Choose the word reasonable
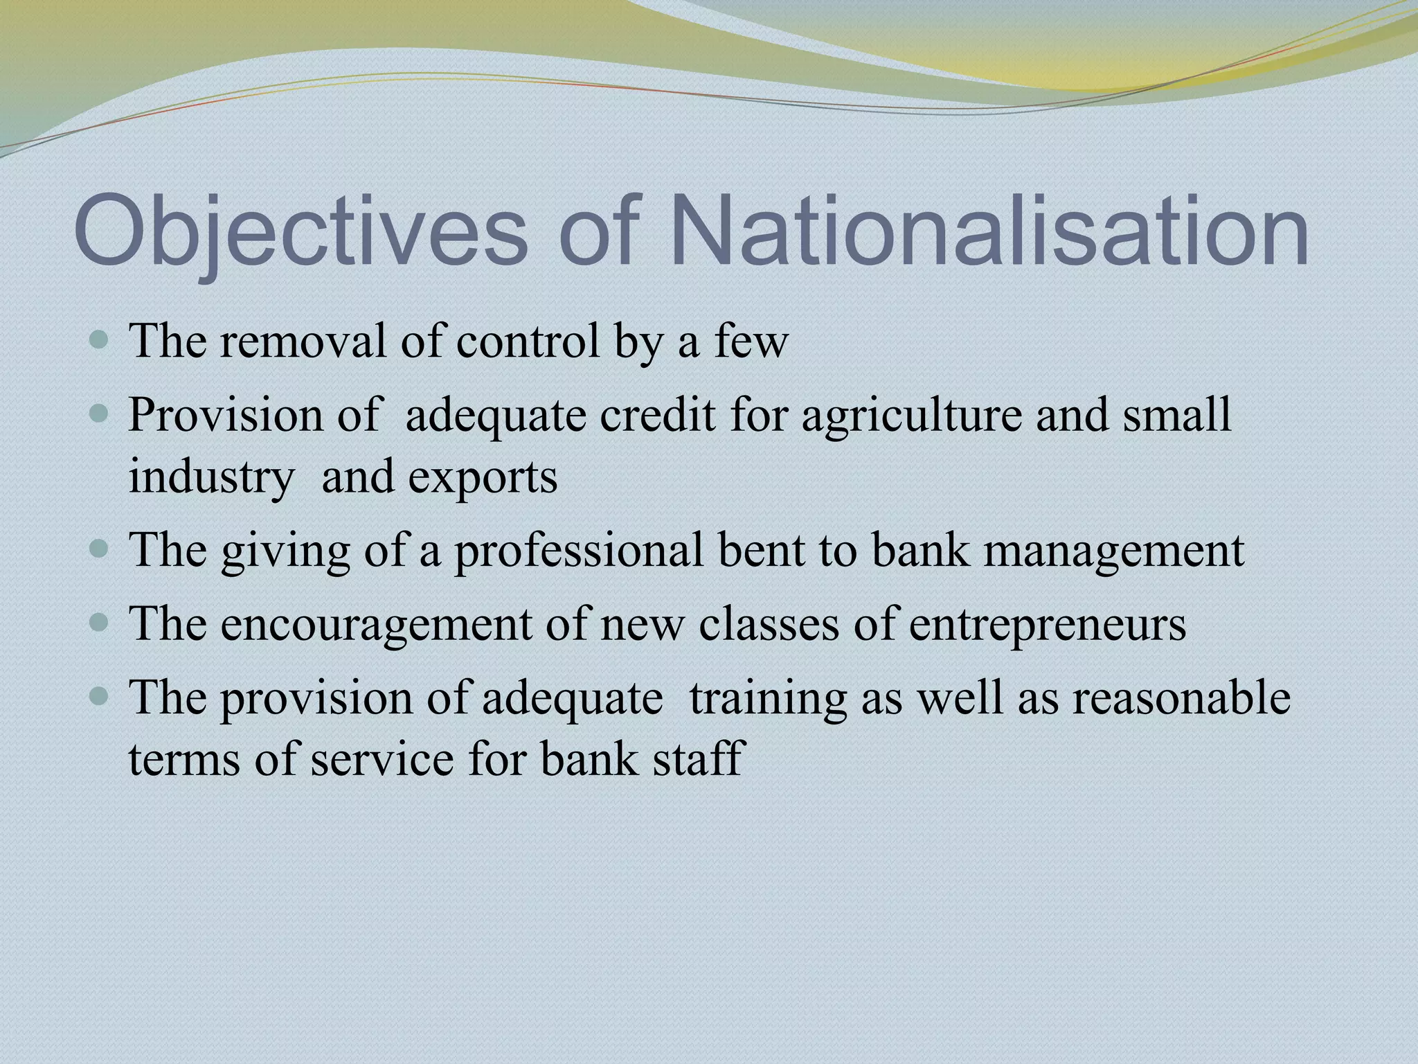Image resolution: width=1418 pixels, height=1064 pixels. click(1181, 698)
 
